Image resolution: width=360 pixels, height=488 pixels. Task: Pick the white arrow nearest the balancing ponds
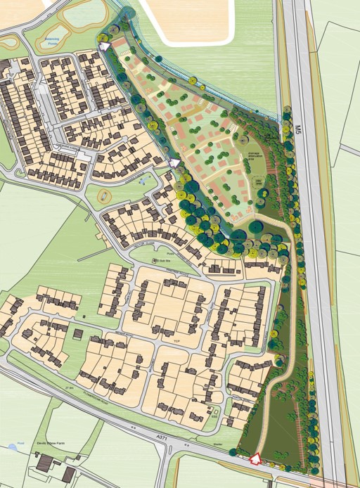point(105,46)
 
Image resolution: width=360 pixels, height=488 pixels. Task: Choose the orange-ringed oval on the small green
point(105,194)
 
